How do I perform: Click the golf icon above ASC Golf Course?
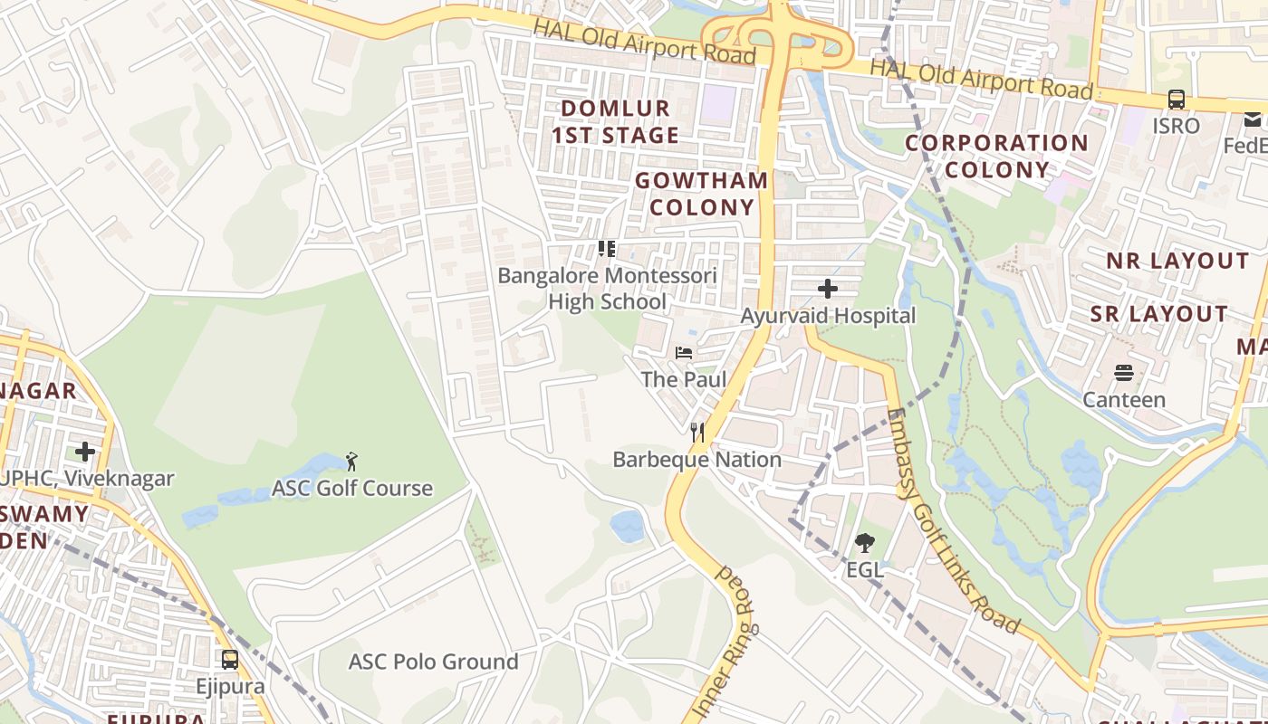tap(352, 462)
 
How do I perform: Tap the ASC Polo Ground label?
tap(433, 662)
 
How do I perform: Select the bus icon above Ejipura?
tap(230, 659)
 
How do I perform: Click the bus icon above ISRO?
tap(1176, 100)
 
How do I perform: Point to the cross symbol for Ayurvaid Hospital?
tap(827, 289)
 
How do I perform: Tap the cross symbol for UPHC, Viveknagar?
tap(85, 451)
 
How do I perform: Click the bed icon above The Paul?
tap(684, 352)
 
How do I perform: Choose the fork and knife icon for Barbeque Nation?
tap(696, 433)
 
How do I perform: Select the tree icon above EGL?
tap(864, 543)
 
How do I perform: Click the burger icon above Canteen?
tap(1124, 373)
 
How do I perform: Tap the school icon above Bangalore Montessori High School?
tap(607, 248)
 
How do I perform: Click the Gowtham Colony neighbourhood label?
tap(702, 194)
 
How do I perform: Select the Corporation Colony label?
tap(996, 157)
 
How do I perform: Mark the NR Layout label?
tap(1177, 261)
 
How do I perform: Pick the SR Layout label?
tap(1158, 314)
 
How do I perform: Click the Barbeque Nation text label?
tap(696, 460)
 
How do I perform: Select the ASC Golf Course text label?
tap(352, 489)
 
